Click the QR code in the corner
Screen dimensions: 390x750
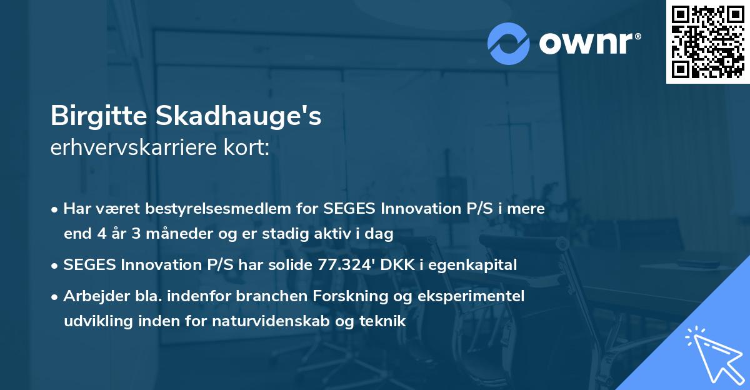coord(707,41)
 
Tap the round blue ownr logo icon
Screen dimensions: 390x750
coord(509,43)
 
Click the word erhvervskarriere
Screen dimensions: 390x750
coord(135,148)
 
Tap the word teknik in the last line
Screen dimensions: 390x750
coord(384,321)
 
